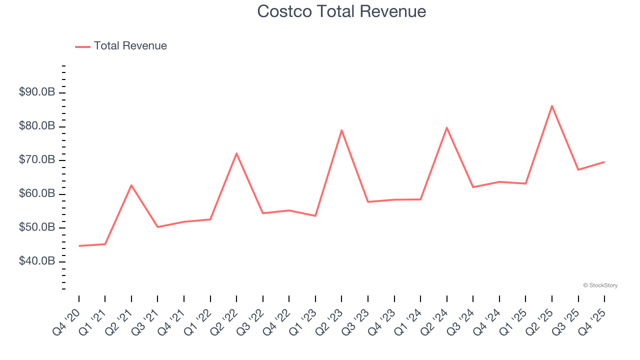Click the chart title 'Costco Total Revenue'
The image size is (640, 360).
pyautogui.click(x=341, y=11)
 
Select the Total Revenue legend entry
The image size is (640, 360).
pyautogui.click(x=121, y=46)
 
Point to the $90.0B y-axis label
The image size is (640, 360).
pyautogui.click(x=36, y=92)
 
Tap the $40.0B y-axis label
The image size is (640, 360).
pyautogui.click(x=36, y=261)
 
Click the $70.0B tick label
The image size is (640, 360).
pyautogui.click(x=36, y=160)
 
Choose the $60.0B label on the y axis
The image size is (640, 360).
pyautogui.click(x=36, y=194)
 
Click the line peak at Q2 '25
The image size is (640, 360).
pyautogui.click(x=551, y=105)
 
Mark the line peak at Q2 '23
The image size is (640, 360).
pyautogui.click(x=341, y=130)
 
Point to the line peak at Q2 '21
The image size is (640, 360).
pyautogui.click(x=131, y=185)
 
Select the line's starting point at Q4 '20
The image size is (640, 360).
pyautogui.click(x=79, y=246)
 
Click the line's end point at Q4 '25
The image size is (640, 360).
pyautogui.click(x=604, y=162)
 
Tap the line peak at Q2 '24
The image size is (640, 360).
pyautogui.click(x=446, y=127)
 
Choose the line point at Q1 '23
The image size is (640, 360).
pyautogui.click(x=315, y=216)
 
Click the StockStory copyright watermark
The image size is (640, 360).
pyautogui.click(x=600, y=285)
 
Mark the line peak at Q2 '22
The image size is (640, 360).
pyautogui.click(x=236, y=153)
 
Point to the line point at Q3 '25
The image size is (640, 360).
pyautogui.click(x=578, y=169)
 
